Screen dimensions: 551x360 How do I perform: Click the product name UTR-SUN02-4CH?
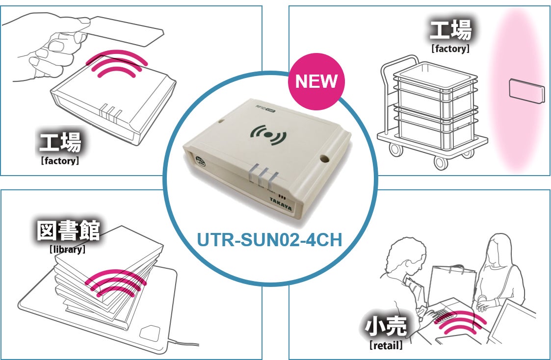(269, 240)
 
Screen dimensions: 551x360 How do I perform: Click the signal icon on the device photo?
(268, 134)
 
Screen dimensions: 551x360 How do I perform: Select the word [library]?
(68, 249)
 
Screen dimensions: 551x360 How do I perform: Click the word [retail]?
(386, 346)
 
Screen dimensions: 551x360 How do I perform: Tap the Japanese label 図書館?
(68, 231)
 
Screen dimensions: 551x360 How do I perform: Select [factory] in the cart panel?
(450, 49)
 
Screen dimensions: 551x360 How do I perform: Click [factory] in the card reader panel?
(59, 160)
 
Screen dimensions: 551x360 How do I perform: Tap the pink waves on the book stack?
(116, 283)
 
